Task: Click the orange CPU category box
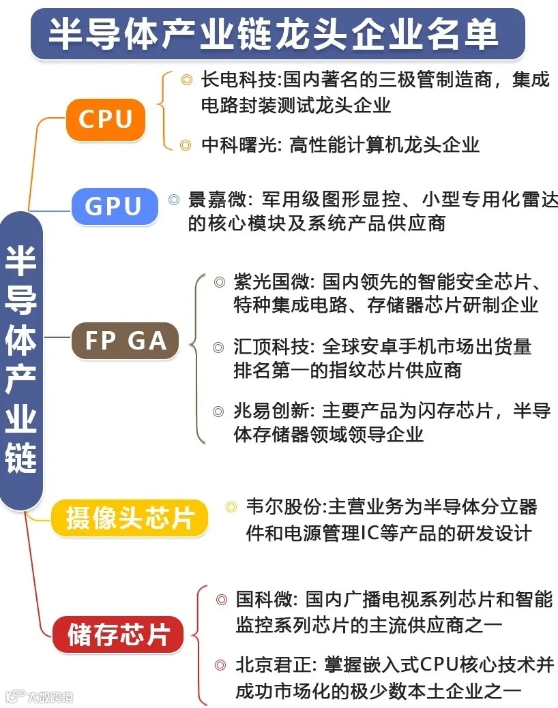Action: (106, 119)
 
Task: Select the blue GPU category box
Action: (113, 206)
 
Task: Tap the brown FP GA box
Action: (126, 340)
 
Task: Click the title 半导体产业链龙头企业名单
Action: (274, 33)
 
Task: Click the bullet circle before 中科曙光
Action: (186, 144)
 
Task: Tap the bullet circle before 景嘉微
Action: (174, 200)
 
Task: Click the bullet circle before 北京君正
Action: (220, 665)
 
